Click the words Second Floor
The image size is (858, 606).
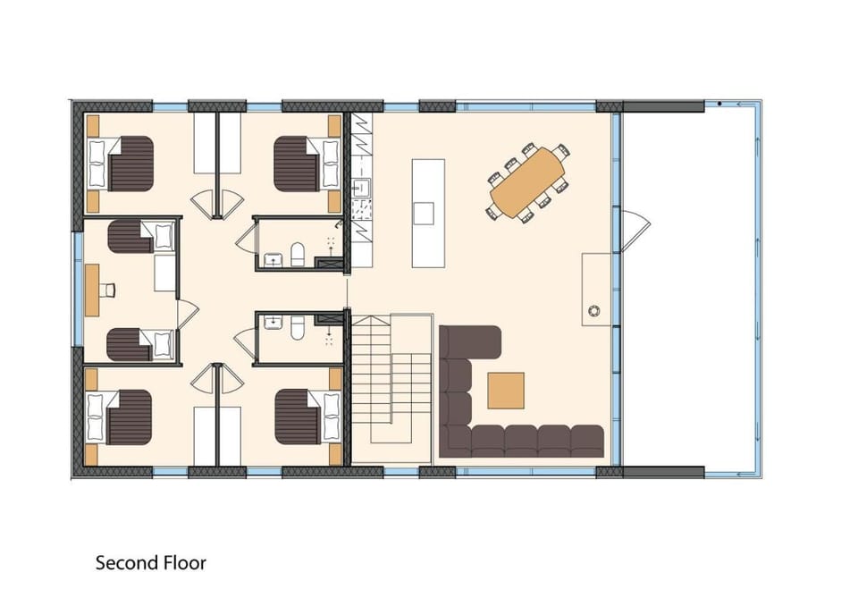[150, 563]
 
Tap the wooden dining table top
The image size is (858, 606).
[527, 182]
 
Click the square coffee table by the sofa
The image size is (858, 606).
[506, 391]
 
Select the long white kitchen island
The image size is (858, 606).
[428, 213]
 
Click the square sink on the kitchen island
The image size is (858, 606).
[424, 213]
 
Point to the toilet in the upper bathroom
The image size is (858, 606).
[297, 254]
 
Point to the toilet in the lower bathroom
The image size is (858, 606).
[297, 327]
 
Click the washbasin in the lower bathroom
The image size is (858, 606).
[272, 323]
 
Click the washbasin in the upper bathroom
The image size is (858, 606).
[272, 259]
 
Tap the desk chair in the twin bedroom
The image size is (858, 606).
[109, 290]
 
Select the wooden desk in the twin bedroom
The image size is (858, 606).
[92, 290]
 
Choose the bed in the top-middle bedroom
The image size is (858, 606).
[307, 164]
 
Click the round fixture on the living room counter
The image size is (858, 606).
[593, 311]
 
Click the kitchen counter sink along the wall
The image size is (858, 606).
[360, 188]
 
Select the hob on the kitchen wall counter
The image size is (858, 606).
[361, 209]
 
